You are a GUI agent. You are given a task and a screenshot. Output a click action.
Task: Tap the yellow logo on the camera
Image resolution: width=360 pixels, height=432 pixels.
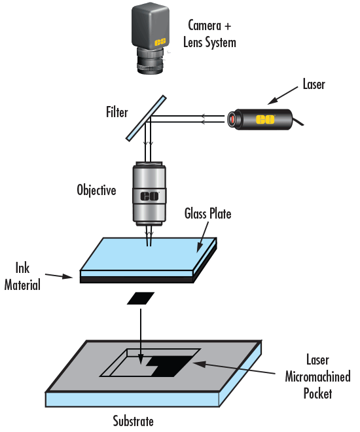[x=159, y=41]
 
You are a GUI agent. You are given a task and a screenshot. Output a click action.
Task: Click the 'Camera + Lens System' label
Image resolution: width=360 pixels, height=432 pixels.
[x=211, y=34]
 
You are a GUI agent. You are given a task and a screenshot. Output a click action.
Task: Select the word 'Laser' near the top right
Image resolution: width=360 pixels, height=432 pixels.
[x=314, y=84]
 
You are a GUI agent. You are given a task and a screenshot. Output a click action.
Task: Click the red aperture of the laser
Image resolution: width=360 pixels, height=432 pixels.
[x=232, y=120]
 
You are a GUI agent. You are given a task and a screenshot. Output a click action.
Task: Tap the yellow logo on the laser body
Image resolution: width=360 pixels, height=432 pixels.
[x=264, y=120]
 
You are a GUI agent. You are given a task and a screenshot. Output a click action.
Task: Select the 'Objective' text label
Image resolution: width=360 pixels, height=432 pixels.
[x=96, y=191]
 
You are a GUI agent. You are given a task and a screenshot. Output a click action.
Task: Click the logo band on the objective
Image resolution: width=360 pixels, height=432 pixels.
[x=150, y=195]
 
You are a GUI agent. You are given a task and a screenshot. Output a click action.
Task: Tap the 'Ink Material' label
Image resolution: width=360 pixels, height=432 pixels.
[x=29, y=276]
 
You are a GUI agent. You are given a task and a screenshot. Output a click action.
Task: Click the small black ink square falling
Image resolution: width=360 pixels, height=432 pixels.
[x=141, y=298]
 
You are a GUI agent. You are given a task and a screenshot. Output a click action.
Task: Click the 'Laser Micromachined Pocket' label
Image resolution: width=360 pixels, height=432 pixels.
[x=318, y=377]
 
